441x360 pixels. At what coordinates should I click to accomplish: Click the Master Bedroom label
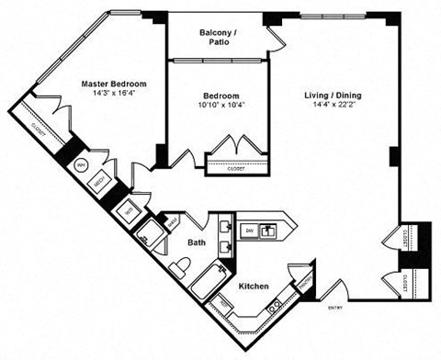(x=112, y=84)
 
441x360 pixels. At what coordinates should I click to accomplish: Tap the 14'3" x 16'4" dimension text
(x=112, y=94)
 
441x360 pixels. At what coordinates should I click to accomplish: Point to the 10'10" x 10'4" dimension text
(x=221, y=106)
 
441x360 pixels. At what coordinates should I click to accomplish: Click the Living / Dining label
(x=334, y=95)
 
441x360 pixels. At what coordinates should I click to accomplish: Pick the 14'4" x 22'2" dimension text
(x=334, y=105)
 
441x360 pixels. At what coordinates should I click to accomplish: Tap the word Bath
(x=198, y=243)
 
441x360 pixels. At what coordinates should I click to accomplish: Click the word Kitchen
(x=254, y=287)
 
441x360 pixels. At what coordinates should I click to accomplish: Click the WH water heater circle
(x=81, y=166)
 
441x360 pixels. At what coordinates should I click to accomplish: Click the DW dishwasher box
(x=249, y=230)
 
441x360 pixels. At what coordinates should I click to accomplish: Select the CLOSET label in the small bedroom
(x=224, y=168)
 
